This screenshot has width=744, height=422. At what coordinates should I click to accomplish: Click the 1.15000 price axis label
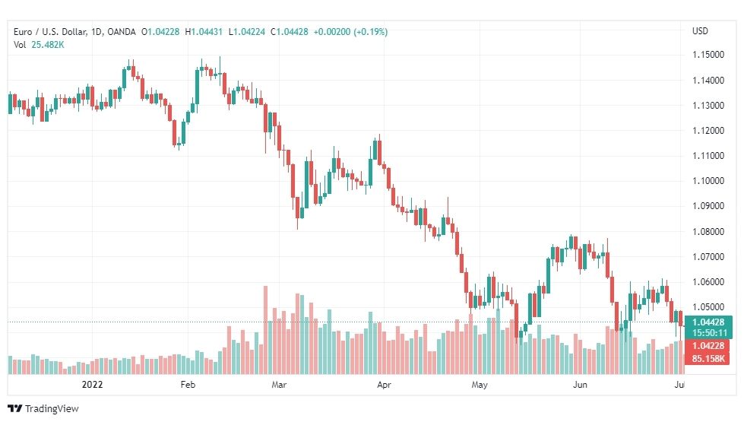pyautogui.click(x=708, y=55)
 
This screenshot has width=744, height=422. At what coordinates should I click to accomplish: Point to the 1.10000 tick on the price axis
pyautogui.click(x=708, y=181)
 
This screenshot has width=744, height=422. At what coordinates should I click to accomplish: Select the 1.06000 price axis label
pyautogui.click(x=708, y=282)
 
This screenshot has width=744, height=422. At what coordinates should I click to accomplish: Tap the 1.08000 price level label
pyautogui.click(x=708, y=232)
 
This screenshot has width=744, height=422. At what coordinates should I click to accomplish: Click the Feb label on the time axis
pyautogui.click(x=188, y=385)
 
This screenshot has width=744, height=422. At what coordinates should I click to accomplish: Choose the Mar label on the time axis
pyautogui.click(x=279, y=385)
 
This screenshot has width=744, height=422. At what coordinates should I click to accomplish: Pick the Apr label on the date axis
pyautogui.click(x=384, y=385)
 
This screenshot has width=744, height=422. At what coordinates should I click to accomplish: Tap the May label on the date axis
pyautogui.click(x=480, y=385)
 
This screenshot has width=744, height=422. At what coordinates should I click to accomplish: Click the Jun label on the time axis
pyautogui.click(x=580, y=385)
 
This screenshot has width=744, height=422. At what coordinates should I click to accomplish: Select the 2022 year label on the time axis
pyautogui.click(x=92, y=385)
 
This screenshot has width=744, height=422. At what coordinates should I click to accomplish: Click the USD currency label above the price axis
pyautogui.click(x=700, y=31)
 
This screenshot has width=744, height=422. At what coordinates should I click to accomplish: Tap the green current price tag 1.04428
pyautogui.click(x=708, y=322)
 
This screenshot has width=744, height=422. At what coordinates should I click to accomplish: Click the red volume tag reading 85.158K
pyautogui.click(x=708, y=358)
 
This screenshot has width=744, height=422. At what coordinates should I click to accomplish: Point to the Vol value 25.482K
pyautogui.click(x=47, y=45)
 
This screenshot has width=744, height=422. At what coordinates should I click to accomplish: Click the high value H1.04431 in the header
pyautogui.click(x=204, y=32)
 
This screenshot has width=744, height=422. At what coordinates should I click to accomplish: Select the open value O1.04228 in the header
pyautogui.click(x=160, y=32)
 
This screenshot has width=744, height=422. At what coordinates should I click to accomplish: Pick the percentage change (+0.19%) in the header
pyautogui.click(x=371, y=32)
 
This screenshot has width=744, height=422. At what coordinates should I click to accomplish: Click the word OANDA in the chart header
pyautogui.click(x=122, y=32)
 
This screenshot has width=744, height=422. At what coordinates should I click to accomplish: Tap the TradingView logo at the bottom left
pyautogui.click(x=43, y=409)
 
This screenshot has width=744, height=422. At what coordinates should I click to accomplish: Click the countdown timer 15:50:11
pyautogui.click(x=708, y=333)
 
